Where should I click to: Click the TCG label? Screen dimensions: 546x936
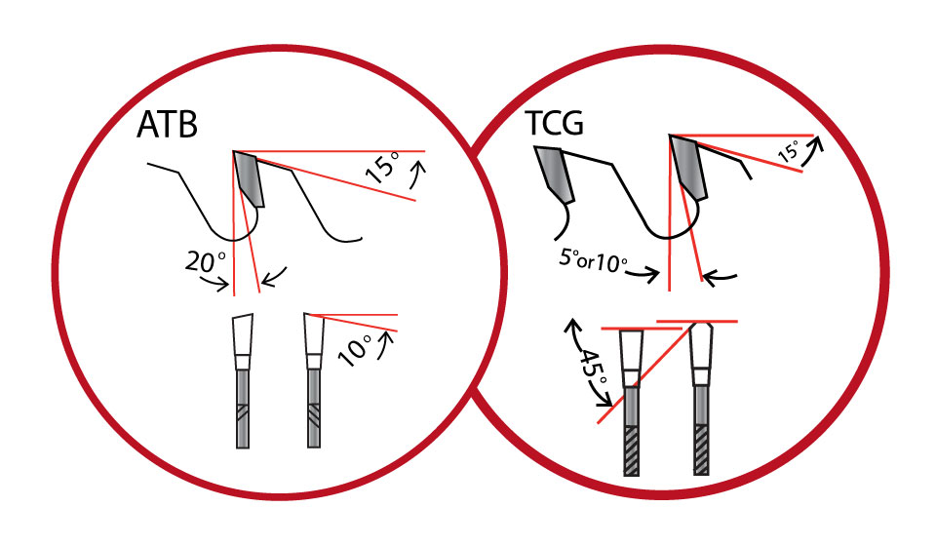coord(552,124)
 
